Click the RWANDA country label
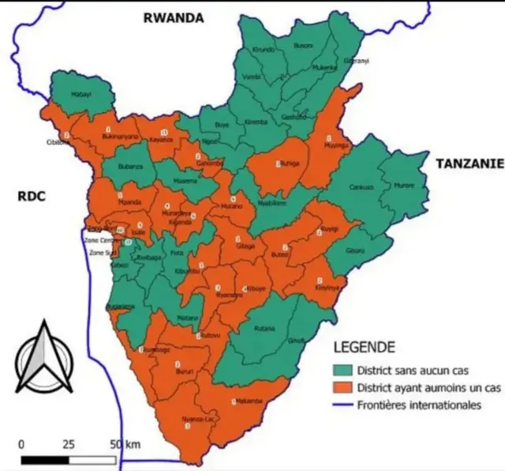pos(172,17)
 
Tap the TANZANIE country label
pos(469,163)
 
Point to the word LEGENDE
pos(365,346)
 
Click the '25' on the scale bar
pos(69,444)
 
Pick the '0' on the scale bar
pos(21,444)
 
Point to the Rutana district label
pos(265,328)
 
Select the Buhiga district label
pos(290,164)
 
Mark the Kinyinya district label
pos(327,288)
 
